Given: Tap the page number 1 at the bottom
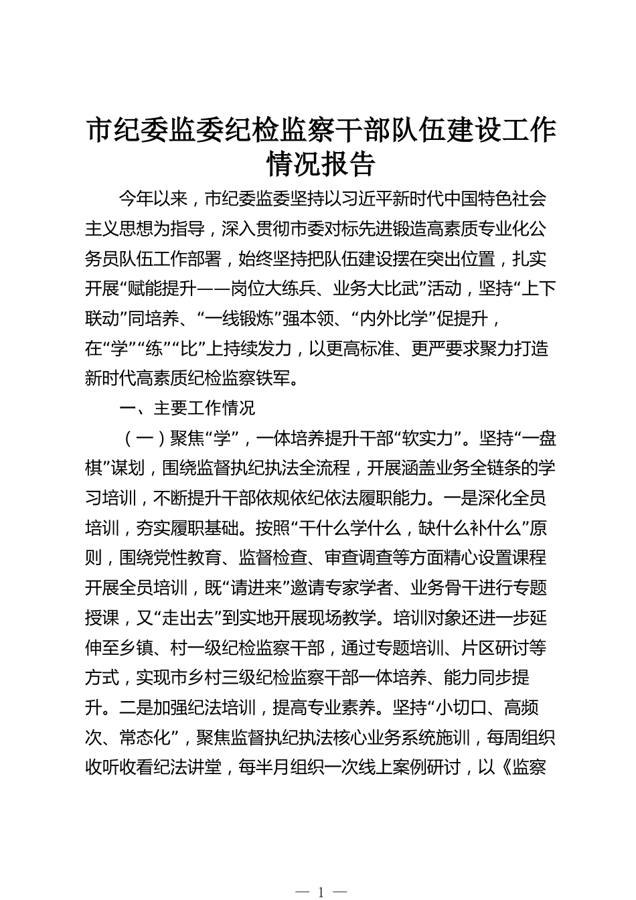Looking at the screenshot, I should coord(321,891).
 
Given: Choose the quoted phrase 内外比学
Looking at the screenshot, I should coord(401,318).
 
